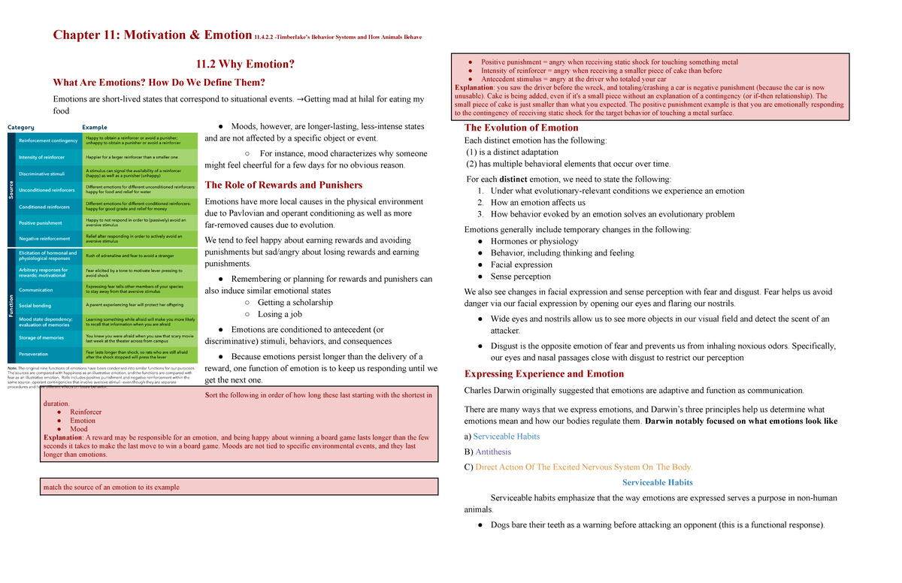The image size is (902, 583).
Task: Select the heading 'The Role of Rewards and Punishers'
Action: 283,186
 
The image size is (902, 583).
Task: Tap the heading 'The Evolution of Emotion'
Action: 521,128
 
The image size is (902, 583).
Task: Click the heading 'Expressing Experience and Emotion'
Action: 544,374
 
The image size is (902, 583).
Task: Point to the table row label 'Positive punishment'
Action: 41,223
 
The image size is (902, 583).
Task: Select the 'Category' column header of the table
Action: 21,128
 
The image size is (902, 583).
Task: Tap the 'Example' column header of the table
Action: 95,128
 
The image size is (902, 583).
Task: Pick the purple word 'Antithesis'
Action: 493,452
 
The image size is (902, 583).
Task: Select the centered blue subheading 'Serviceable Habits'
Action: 658,482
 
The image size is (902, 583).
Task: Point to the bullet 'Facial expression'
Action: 521,264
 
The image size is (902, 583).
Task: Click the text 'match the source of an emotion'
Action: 111,487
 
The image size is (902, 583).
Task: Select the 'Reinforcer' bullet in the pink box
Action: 86,412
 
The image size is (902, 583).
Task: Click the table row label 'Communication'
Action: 36,290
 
